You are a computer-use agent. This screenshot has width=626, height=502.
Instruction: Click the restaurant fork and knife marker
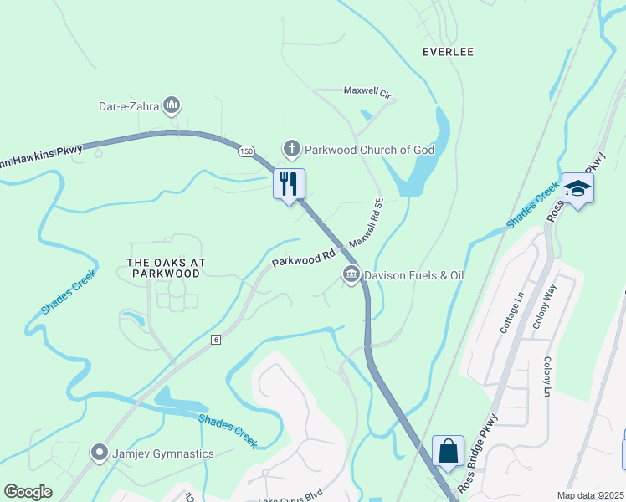[290, 184]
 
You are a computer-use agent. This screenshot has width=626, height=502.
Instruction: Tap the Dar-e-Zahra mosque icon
[172, 105]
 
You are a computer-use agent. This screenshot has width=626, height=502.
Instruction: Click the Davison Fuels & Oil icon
[351, 274]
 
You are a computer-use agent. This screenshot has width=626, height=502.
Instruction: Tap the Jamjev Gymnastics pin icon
[100, 453]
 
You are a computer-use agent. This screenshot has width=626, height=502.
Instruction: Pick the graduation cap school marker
[577, 188]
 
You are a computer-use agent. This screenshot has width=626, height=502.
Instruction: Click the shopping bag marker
[449, 451]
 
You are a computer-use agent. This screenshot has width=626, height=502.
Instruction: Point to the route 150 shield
[245, 151]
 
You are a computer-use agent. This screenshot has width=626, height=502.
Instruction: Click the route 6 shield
[216, 339]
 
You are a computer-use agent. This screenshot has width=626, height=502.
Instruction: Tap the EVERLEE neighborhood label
[448, 52]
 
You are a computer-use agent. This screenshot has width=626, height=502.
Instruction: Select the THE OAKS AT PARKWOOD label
[166, 268]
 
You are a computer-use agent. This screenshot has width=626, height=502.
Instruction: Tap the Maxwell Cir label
[368, 91]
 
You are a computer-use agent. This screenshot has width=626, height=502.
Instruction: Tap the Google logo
[28, 492]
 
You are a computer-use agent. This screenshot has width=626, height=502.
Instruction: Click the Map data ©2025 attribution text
[590, 495]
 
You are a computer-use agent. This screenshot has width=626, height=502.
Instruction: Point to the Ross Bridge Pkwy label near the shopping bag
[479, 453]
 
